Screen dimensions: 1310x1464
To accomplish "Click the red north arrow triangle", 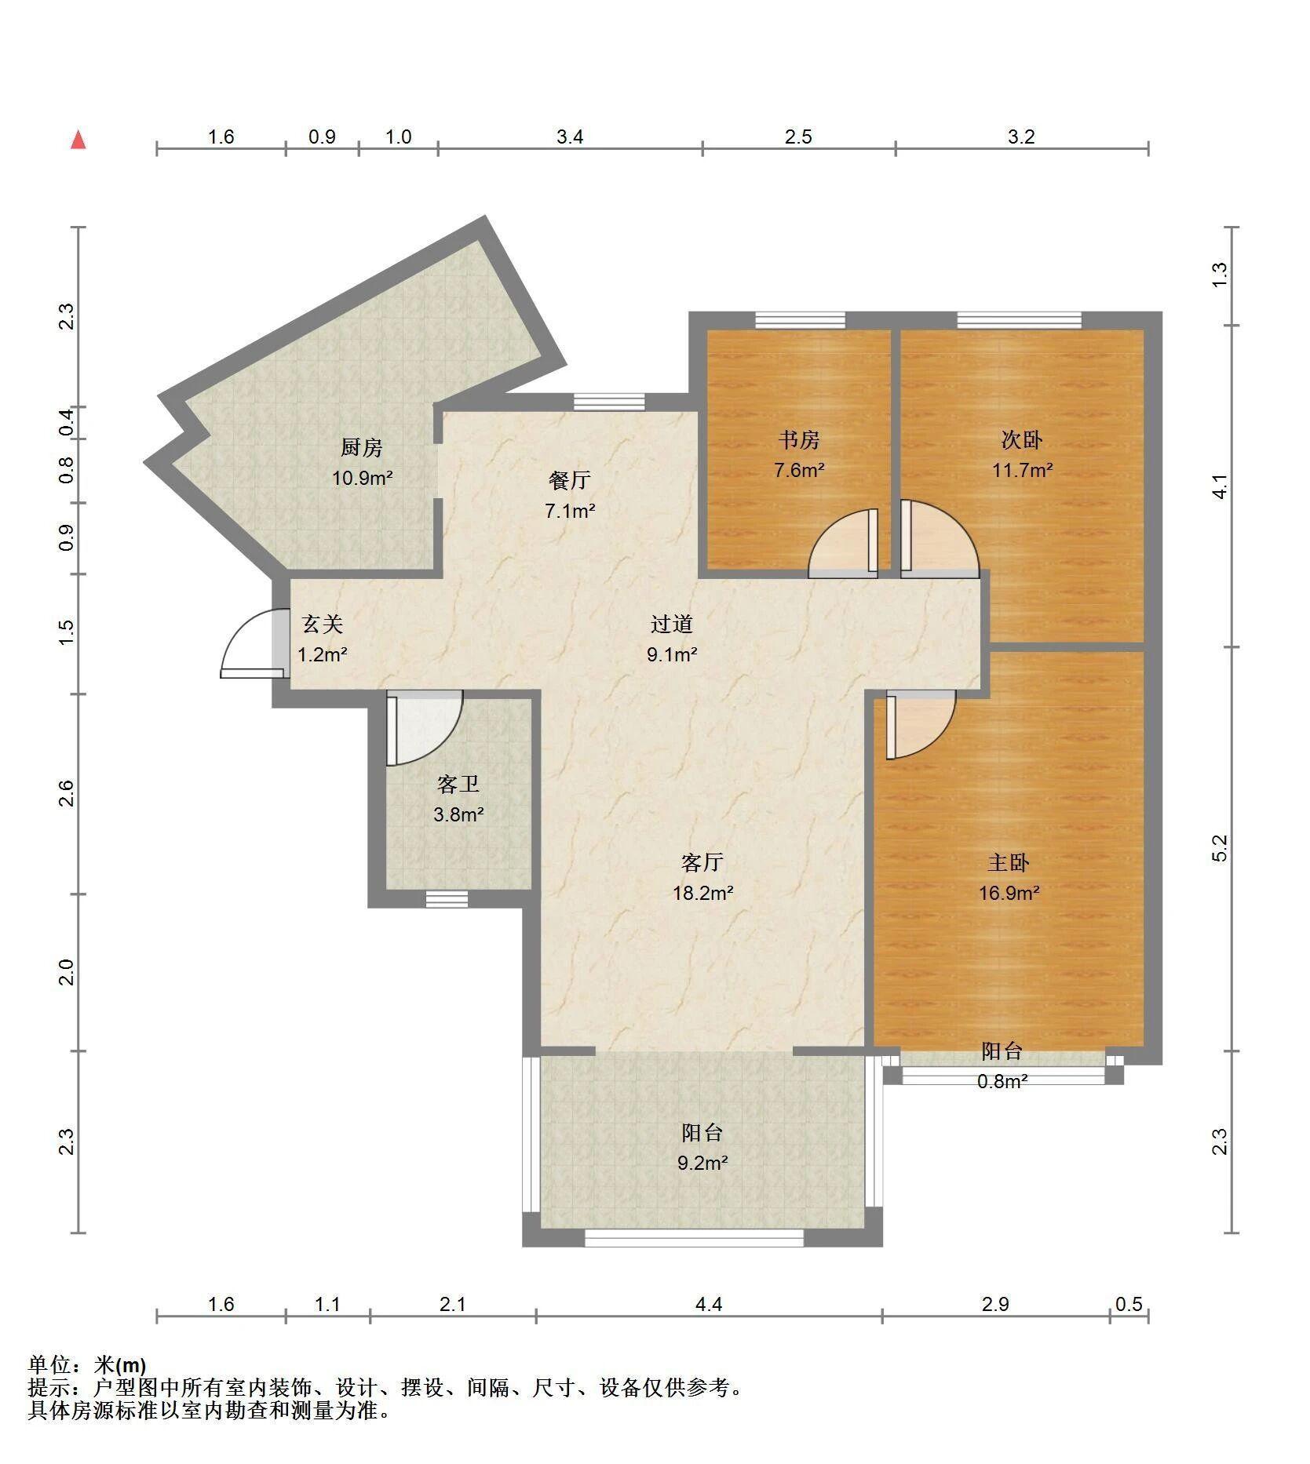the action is point(78,140).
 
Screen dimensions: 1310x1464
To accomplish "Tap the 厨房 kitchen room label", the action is point(362,447).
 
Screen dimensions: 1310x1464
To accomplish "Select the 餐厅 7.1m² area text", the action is point(570,511).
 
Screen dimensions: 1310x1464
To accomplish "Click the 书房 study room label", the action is point(799,439).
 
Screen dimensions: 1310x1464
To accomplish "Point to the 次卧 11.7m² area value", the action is point(1022,470).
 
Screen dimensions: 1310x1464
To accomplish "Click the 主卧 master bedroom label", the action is point(1009,862).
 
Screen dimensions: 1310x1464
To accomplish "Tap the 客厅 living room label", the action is point(702,862).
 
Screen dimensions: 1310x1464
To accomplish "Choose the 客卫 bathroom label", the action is point(458,784).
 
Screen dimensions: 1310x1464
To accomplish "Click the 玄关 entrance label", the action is point(323,624).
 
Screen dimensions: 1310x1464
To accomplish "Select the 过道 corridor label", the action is point(672,624).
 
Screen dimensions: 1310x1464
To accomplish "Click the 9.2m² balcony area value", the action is point(702,1162).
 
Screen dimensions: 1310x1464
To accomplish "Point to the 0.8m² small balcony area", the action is point(1002,1081).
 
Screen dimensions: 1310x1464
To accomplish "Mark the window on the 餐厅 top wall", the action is point(609,402).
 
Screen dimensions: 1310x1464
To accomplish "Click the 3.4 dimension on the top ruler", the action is point(570,137).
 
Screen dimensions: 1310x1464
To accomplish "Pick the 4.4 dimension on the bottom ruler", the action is point(708,1304).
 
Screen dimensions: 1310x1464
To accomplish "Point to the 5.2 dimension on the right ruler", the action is point(1219,848).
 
